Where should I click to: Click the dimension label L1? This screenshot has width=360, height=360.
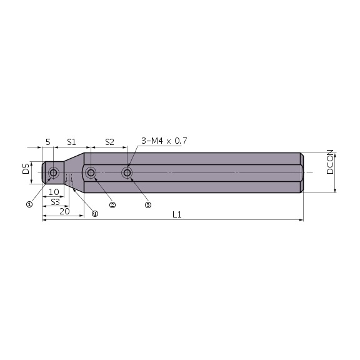point(176,214)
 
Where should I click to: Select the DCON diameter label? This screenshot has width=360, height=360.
point(329,162)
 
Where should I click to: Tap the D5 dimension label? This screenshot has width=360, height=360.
point(26,169)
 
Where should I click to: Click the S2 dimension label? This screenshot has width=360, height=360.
point(109,142)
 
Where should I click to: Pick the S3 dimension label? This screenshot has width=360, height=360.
point(55,202)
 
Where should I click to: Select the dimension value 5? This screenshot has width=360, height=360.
point(47,142)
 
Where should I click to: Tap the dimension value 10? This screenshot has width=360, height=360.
point(54,192)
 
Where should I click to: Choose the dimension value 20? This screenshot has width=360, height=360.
point(64,211)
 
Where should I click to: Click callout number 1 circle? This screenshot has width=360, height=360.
point(29,204)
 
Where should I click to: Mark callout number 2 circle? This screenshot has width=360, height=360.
point(112,204)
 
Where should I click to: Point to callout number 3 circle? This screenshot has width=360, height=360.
point(148,204)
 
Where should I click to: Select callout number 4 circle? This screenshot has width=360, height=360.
point(94,213)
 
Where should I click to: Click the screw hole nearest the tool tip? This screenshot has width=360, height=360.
point(54,172)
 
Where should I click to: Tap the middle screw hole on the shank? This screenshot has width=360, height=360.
point(92,172)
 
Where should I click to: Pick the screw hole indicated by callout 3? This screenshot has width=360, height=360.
point(127,172)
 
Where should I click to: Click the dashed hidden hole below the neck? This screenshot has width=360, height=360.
point(69,183)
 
